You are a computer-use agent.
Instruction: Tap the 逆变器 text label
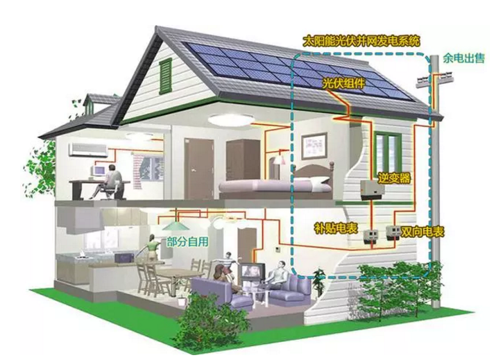395,178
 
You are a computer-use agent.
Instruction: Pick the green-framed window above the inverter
389,149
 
